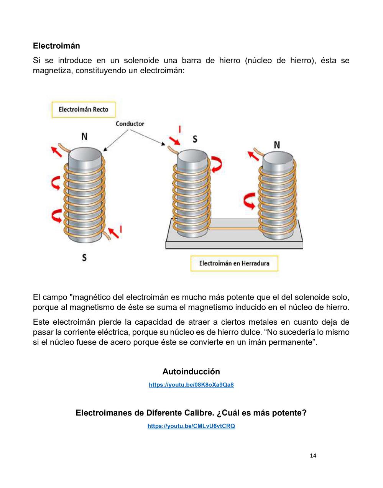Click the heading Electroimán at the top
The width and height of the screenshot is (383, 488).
(56, 46)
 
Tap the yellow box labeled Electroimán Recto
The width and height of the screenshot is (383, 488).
(83, 110)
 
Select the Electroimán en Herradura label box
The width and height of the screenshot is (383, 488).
(234, 263)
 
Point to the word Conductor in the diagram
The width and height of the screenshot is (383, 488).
(130, 124)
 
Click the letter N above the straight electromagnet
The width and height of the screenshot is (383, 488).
(84, 136)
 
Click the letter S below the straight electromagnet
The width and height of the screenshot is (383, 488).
(84, 257)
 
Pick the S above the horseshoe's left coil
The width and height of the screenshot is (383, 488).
(195, 138)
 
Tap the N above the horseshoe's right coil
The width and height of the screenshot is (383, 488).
(277, 145)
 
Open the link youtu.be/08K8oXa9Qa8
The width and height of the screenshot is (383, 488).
(191, 384)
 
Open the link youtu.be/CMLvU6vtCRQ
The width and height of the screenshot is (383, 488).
(191, 426)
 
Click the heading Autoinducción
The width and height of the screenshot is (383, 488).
(191, 371)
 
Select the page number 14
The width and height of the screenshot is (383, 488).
(313, 455)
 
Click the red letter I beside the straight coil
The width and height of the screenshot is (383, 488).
(121, 229)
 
